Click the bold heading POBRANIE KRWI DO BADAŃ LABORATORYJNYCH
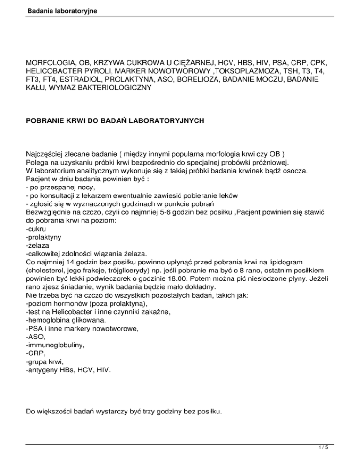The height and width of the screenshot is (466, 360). tap(115, 120)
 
